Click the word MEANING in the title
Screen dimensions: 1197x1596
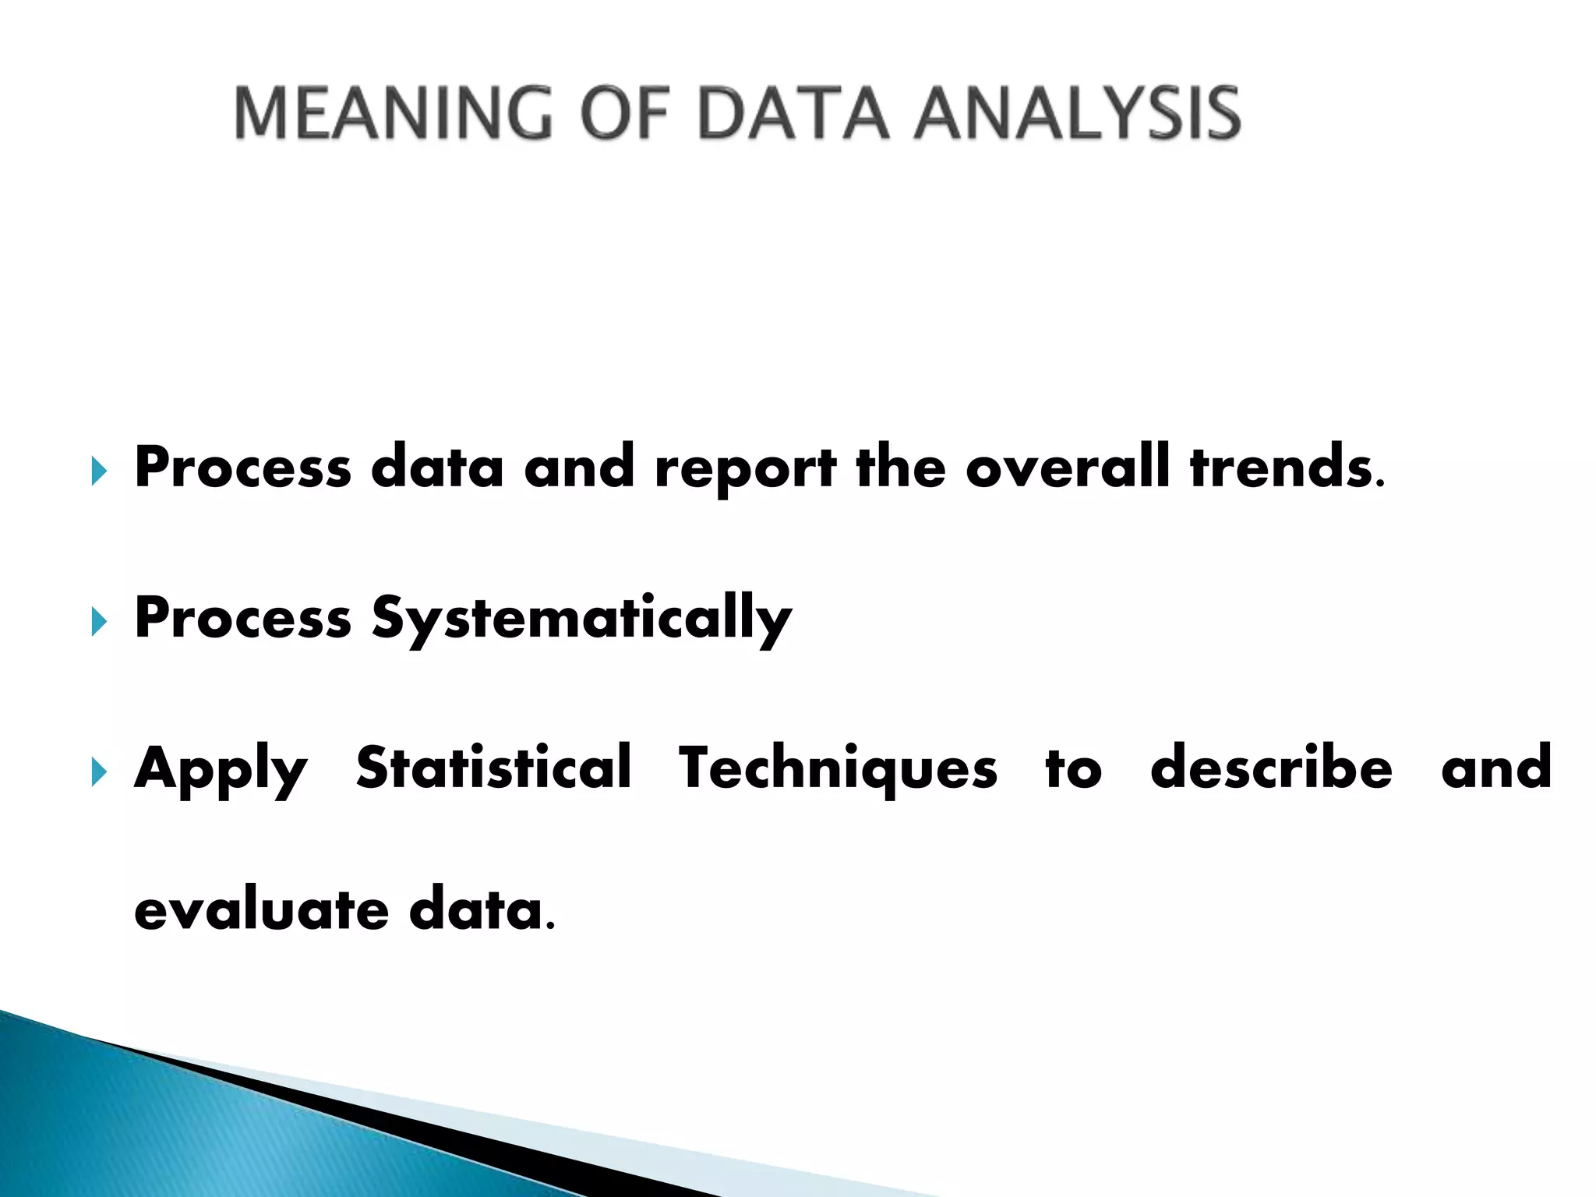coord(394,114)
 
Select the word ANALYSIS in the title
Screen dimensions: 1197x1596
coord(1077,114)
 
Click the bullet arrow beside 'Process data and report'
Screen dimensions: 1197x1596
coord(98,471)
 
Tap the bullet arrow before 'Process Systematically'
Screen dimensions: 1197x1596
coord(98,622)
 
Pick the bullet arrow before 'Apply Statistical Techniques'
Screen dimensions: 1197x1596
coord(98,772)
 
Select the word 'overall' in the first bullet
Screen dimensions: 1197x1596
coord(1067,468)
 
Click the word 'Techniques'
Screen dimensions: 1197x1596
coord(838,770)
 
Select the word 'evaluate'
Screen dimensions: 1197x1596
coord(261,909)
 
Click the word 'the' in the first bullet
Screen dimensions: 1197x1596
coord(900,468)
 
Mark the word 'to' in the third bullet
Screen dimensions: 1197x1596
coord(1073,769)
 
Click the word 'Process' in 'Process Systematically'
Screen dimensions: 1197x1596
coord(242,619)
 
